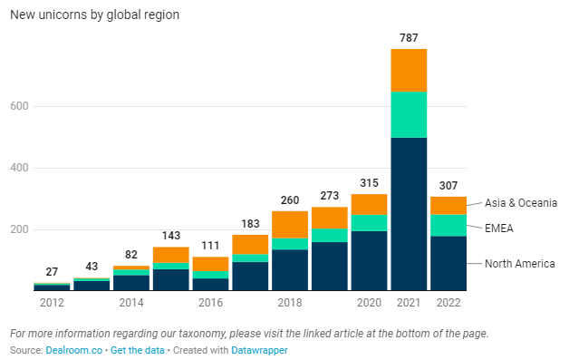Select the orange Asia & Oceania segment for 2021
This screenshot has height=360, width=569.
tap(409, 70)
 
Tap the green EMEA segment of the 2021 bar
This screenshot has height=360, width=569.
tap(409, 114)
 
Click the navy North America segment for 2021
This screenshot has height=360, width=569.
tap(409, 214)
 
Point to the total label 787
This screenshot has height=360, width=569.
tap(409, 37)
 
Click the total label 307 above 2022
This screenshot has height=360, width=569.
tap(448, 185)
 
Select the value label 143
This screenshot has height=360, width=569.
tap(170, 235)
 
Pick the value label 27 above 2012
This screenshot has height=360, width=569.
tap(52, 271)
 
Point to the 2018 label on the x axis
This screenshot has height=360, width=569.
tap(290, 303)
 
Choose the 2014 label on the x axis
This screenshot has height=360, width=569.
tap(131, 303)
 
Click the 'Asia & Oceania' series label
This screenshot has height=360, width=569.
tap(520, 202)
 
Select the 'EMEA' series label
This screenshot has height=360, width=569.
tap(499, 229)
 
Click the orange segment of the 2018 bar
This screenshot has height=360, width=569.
tap(290, 224)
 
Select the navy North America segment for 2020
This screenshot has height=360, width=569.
tap(369, 261)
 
